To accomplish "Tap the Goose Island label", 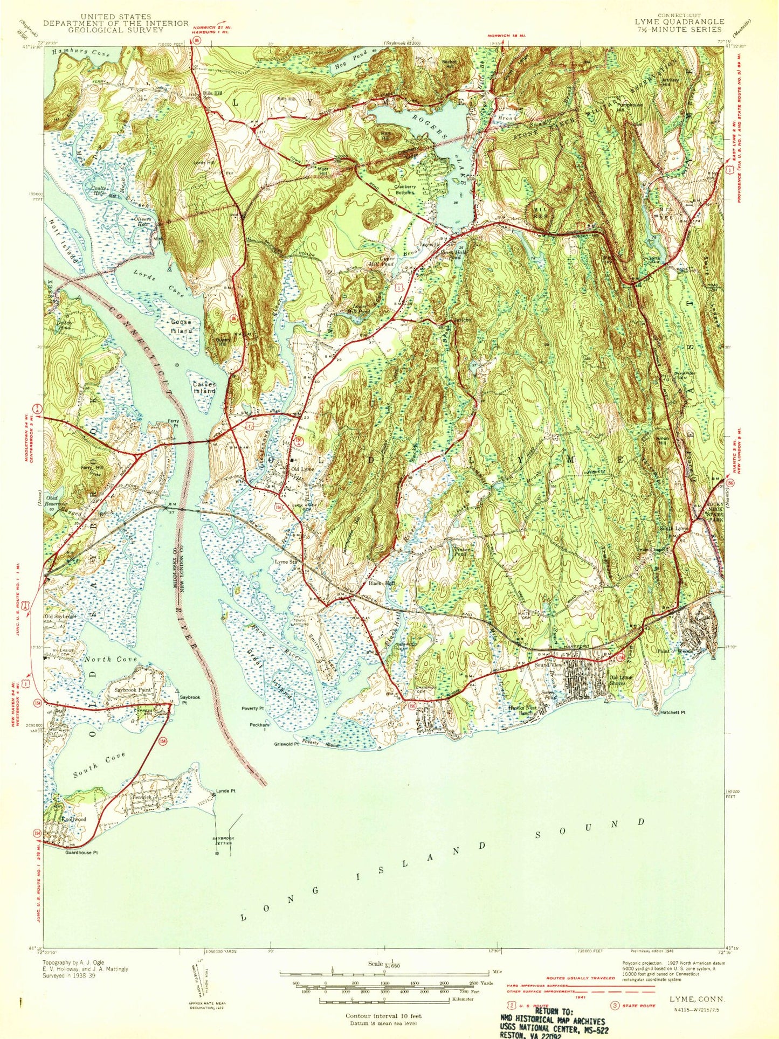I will pos(182,326).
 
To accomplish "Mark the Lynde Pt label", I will pos(226,791).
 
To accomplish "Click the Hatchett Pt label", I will pos(672,712).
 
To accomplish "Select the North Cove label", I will pos(111,659).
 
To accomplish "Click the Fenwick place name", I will pos(134,797).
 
